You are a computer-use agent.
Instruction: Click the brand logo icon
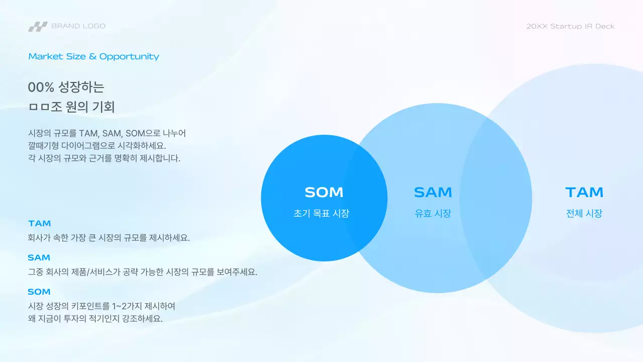pyautogui.click(x=38, y=26)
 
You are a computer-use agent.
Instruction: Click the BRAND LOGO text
pyautogui.click(x=78, y=26)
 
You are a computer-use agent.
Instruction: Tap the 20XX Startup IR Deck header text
pyautogui.click(x=570, y=26)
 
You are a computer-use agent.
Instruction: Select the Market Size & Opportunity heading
pyautogui.click(x=93, y=56)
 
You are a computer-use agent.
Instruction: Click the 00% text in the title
pyautogui.click(x=41, y=87)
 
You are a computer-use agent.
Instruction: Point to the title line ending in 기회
pyautogui.click(x=71, y=107)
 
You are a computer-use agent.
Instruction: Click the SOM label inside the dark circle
pyautogui.click(x=324, y=192)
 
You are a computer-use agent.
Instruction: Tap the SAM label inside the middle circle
pyautogui.click(x=433, y=192)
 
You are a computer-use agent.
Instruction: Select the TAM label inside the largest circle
pyautogui.click(x=584, y=192)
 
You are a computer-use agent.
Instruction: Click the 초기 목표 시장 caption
pyautogui.click(x=321, y=213)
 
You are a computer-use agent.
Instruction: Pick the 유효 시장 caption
pyautogui.click(x=433, y=213)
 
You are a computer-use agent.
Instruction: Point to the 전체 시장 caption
pyautogui.click(x=584, y=213)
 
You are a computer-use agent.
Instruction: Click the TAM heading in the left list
pyautogui.click(x=40, y=223)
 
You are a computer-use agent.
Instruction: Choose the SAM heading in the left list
pyautogui.click(x=39, y=257)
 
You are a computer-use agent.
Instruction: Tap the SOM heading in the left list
pyautogui.click(x=39, y=292)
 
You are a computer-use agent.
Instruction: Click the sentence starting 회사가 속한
pyautogui.click(x=109, y=238)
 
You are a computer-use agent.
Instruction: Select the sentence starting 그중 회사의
pyautogui.click(x=142, y=272)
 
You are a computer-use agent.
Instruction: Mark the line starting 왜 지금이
pyautogui.click(x=95, y=319)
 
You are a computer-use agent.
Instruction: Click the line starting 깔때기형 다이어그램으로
pyautogui.click(x=97, y=146)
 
